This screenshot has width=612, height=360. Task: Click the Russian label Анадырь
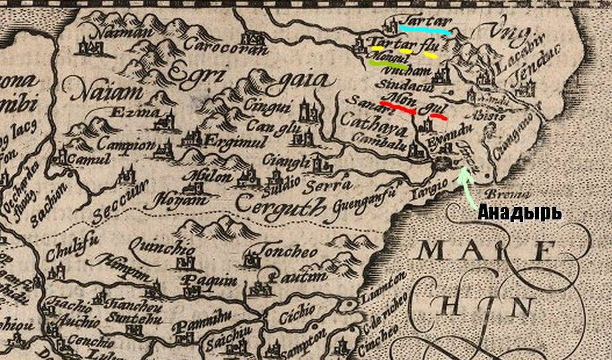tap(519, 213)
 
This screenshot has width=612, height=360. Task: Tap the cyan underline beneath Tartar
tap(425, 30)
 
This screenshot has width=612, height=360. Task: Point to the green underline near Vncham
tap(389, 65)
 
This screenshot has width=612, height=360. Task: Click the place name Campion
tap(125, 145)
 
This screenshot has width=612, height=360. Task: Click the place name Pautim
tap(298, 276)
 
